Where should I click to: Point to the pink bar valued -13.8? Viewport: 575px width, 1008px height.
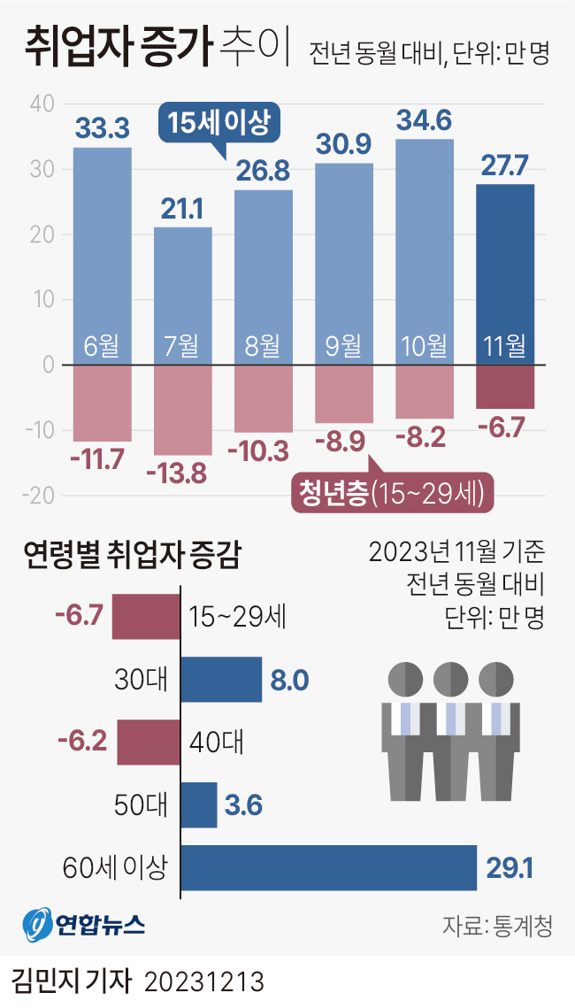[x=183, y=410]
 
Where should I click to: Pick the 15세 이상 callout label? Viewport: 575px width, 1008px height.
[x=218, y=122]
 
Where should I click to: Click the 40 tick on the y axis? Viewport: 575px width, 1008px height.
[x=42, y=104]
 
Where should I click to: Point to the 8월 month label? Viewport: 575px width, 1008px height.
[x=263, y=346]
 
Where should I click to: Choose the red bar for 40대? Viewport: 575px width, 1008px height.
[x=148, y=742]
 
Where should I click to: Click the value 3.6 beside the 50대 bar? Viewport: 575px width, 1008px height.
[x=242, y=805]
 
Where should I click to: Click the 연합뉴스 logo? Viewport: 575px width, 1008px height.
[x=84, y=925]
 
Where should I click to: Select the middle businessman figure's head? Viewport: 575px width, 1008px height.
[x=451, y=680]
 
